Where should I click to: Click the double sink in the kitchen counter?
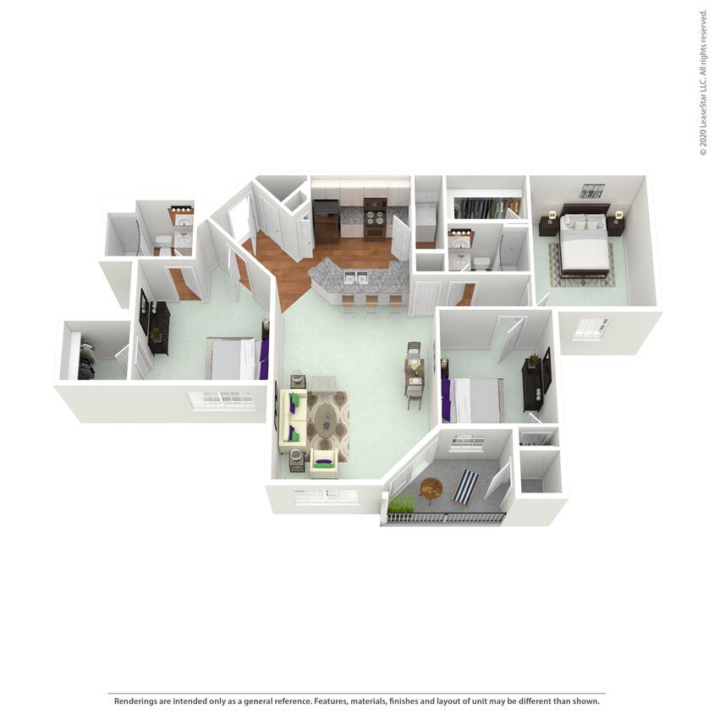356,277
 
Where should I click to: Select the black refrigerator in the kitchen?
326,222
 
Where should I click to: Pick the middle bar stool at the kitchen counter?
371,302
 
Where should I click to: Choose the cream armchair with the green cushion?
323,461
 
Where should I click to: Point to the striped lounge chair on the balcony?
465,486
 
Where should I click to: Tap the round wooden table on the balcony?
431,488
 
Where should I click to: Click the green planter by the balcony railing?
401,504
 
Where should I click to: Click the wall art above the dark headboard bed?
591,191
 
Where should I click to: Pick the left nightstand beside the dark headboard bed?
547,226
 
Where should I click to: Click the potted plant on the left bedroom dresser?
155,335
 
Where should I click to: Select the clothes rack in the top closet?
487,207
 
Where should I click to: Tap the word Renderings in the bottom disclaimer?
138,700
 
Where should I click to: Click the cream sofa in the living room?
291,420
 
